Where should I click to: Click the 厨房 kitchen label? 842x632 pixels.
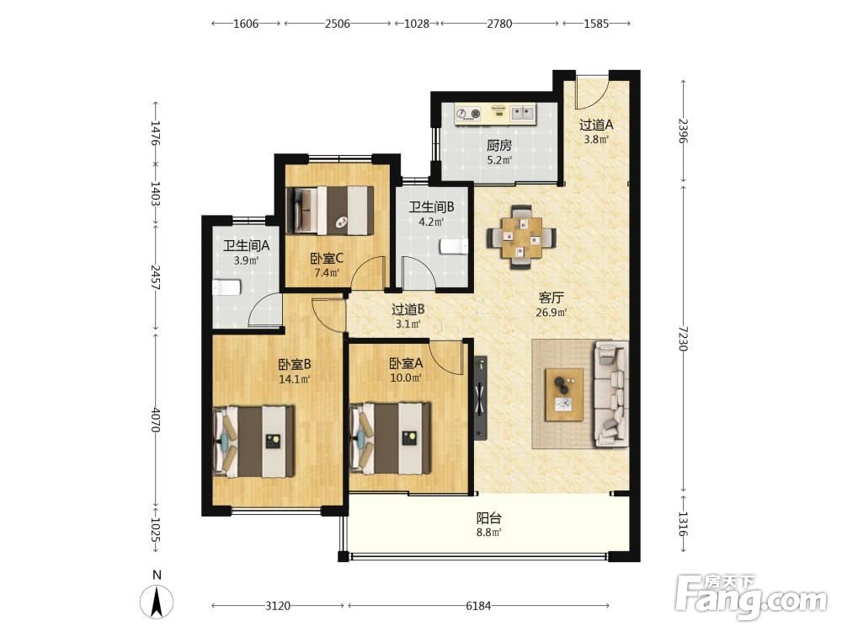pyautogui.click(x=498, y=145)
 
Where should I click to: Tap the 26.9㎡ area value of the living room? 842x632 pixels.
pyautogui.click(x=552, y=313)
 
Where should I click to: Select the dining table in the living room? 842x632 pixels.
pyautogui.click(x=521, y=237)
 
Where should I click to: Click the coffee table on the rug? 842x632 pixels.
pyautogui.click(x=564, y=394)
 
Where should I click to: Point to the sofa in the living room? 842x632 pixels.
pyautogui.click(x=610, y=394)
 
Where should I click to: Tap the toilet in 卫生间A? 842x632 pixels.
pyautogui.click(x=226, y=287)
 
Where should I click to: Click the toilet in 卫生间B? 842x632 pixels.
pyautogui.click(x=455, y=246)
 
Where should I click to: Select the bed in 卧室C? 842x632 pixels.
pyautogui.click(x=330, y=210)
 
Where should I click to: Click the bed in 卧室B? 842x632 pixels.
pyautogui.click(x=253, y=442)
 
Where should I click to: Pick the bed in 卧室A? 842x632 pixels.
pyautogui.click(x=391, y=438)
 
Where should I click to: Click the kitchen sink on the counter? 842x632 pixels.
pyautogui.click(x=521, y=113)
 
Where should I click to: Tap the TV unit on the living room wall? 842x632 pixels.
pyautogui.click(x=480, y=399)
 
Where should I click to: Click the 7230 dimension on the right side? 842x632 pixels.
pyautogui.click(x=683, y=338)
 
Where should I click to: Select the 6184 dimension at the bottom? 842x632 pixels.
pyautogui.click(x=478, y=606)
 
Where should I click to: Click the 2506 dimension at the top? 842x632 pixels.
pyautogui.click(x=338, y=23)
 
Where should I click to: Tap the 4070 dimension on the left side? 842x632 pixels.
pyautogui.click(x=155, y=420)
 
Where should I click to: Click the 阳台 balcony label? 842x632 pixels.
pyautogui.click(x=489, y=518)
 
